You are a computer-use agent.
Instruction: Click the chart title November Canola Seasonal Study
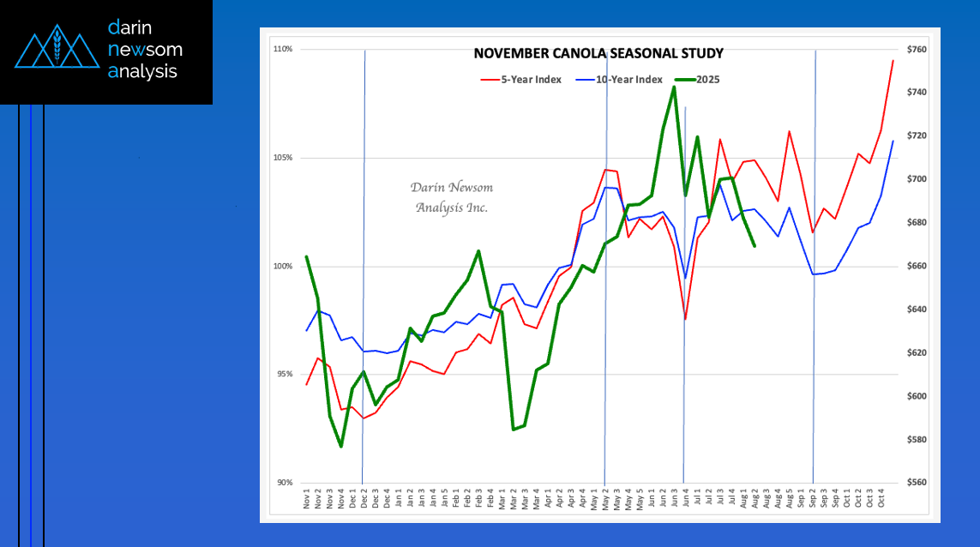pyautogui.click(x=598, y=54)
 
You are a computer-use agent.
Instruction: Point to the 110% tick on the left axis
pyautogui.click(x=284, y=50)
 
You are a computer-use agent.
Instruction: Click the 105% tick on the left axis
pyautogui.click(x=284, y=158)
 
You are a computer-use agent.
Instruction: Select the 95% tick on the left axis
pyautogui.click(x=284, y=374)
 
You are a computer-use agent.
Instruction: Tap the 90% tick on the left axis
pyautogui.click(x=284, y=483)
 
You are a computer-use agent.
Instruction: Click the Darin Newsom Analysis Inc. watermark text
pyautogui.click(x=452, y=197)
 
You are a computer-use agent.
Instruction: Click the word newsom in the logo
pyautogui.click(x=145, y=50)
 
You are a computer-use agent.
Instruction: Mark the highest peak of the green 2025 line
pyautogui.click(x=674, y=87)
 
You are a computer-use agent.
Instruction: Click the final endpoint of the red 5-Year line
pyautogui.click(x=893, y=61)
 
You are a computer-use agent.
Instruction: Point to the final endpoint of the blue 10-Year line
pyautogui.click(x=893, y=141)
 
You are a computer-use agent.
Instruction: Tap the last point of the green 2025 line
pyautogui.click(x=755, y=246)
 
